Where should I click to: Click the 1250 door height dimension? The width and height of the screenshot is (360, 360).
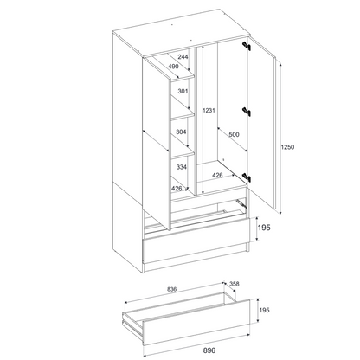click(287, 147)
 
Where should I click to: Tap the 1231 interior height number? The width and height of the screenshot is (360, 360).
click(209, 110)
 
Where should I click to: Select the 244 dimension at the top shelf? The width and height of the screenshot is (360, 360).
click(183, 56)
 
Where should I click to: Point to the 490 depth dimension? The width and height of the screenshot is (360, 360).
click(173, 67)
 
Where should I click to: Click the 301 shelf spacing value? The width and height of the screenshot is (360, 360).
click(183, 92)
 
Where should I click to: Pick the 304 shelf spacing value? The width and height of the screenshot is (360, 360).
click(181, 132)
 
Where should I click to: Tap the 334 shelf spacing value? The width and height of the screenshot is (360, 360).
click(182, 167)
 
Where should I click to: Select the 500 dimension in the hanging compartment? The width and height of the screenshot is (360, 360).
click(234, 134)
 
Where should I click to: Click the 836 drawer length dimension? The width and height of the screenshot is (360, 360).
click(171, 289)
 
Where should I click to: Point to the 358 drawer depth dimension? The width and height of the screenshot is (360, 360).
click(235, 284)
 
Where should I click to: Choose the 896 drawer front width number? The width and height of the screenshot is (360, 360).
click(209, 350)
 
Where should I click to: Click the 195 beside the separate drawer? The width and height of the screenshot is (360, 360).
click(264, 310)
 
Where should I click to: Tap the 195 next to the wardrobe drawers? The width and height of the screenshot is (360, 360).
click(264, 228)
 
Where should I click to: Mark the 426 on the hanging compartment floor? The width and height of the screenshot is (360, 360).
click(217, 175)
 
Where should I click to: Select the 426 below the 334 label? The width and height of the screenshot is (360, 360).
click(177, 189)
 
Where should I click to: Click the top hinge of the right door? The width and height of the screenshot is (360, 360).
click(247, 46)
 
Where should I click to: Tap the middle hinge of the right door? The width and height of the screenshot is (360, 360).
click(247, 112)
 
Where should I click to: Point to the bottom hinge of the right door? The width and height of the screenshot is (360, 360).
click(247, 177)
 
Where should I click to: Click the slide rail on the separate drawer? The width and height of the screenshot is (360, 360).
click(132, 325)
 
